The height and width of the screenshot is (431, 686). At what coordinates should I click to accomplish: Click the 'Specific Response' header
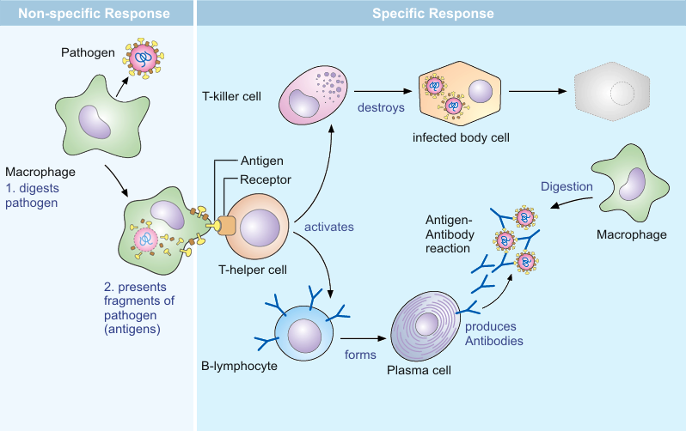432,14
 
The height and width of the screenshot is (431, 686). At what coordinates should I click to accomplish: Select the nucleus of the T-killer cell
304,105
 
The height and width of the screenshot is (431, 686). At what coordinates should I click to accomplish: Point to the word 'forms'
359,354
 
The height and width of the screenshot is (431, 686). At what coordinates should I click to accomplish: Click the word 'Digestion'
567,186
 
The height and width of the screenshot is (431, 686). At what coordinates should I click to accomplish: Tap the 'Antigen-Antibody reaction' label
449,233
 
